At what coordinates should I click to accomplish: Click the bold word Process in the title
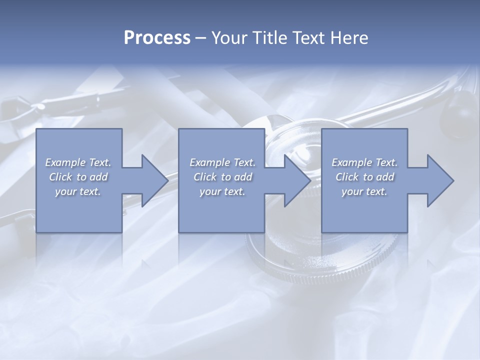coord(157,38)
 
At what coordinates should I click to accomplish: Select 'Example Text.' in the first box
coord(78,162)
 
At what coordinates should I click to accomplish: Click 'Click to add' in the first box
coord(78,177)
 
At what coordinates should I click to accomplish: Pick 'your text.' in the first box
coord(78,191)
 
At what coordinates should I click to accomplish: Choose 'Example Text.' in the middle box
coord(222,162)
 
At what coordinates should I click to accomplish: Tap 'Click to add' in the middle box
coord(222,177)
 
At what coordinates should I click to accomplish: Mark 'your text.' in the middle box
coord(222,191)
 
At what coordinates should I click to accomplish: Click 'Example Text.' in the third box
coord(364,162)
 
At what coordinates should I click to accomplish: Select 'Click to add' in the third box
coord(364,177)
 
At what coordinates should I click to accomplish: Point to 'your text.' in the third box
coord(364,191)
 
